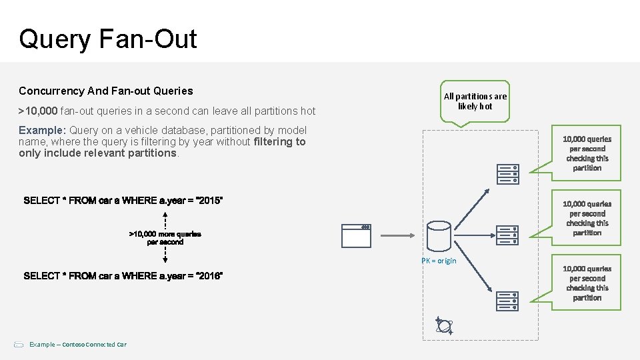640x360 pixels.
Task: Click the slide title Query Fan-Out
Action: click(108, 39)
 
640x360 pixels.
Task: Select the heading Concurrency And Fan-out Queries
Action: click(106, 91)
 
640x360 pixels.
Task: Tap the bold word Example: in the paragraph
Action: click(42, 131)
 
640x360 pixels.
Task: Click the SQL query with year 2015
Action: click(123, 201)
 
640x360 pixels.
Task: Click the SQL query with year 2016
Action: click(123, 276)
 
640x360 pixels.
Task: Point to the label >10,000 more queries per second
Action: click(165, 238)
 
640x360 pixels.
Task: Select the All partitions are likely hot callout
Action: click(475, 101)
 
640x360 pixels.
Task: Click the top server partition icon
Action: click(507, 174)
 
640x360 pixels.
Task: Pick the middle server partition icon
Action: click(507, 235)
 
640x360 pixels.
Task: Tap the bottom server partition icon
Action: click(507, 301)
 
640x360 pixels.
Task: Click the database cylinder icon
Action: click(438, 235)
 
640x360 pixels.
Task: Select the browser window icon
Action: click(356, 235)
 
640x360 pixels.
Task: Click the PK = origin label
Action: click(439, 261)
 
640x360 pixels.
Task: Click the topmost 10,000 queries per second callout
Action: click(587, 153)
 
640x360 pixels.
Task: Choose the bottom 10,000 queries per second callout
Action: click(587, 283)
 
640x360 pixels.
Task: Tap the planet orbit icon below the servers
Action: click(444, 325)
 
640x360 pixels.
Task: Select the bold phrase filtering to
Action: click(280, 141)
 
